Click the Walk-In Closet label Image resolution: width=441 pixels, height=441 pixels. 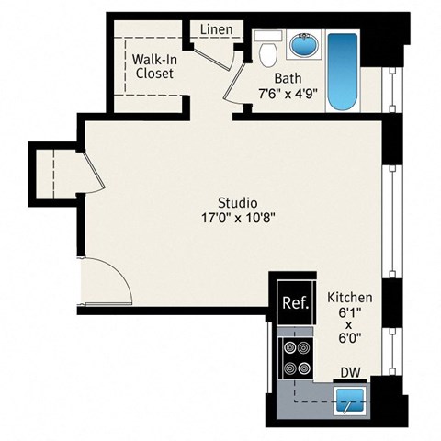point(154,67)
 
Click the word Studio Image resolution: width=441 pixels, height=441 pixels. point(237,202)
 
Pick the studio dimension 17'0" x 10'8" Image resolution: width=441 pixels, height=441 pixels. point(237,219)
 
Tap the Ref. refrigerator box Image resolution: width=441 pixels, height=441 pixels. point(294,301)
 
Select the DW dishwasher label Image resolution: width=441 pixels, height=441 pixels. point(350,371)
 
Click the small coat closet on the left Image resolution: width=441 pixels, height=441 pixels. point(57,175)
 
